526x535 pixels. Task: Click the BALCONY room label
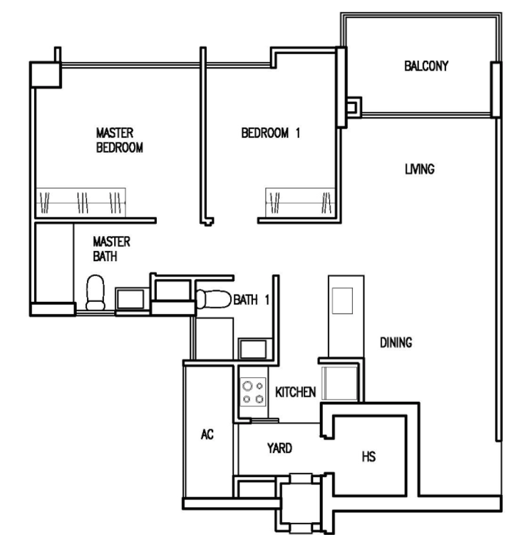pyautogui.click(x=426, y=66)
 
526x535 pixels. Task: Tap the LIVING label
pyautogui.click(x=420, y=169)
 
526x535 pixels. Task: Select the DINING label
pyautogui.click(x=396, y=342)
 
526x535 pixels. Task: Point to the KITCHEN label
pyautogui.click(x=296, y=392)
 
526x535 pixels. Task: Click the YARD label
pyautogui.click(x=279, y=448)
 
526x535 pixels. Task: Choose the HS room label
pyautogui.click(x=368, y=457)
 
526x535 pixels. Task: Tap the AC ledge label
pyautogui.click(x=207, y=434)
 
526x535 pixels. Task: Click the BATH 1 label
pyautogui.click(x=251, y=300)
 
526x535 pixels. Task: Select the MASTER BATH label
pyautogui.click(x=111, y=249)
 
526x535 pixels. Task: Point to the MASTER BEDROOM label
pyautogui.click(x=119, y=141)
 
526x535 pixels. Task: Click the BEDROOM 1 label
pyautogui.click(x=271, y=133)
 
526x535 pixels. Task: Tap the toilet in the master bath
pyautogui.click(x=95, y=292)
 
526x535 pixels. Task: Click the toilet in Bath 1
pyautogui.click(x=214, y=299)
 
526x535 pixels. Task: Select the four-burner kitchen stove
pyautogui.click(x=253, y=392)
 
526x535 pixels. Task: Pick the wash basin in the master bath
pyautogui.click(x=130, y=299)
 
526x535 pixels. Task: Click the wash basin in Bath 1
pyautogui.click(x=252, y=349)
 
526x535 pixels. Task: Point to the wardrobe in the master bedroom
pyautogui.click(x=81, y=203)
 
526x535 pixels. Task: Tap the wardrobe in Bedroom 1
pyautogui.click(x=300, y=203)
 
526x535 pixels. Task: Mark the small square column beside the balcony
pyautogui.click(x=354, y=108)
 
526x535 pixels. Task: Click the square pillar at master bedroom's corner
pyautogui.click(x=46, y=75)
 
